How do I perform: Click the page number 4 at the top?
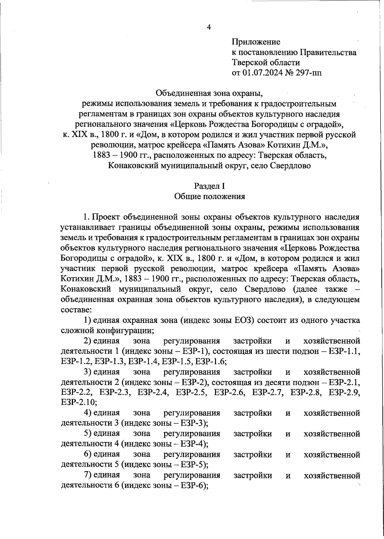coord(209,27)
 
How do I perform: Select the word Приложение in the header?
coord(256,42)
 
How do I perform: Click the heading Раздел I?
coord(210,186)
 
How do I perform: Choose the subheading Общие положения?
coord(210,196)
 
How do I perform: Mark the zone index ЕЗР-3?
coord(192,423)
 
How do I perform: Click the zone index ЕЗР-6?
coord(192,485)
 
